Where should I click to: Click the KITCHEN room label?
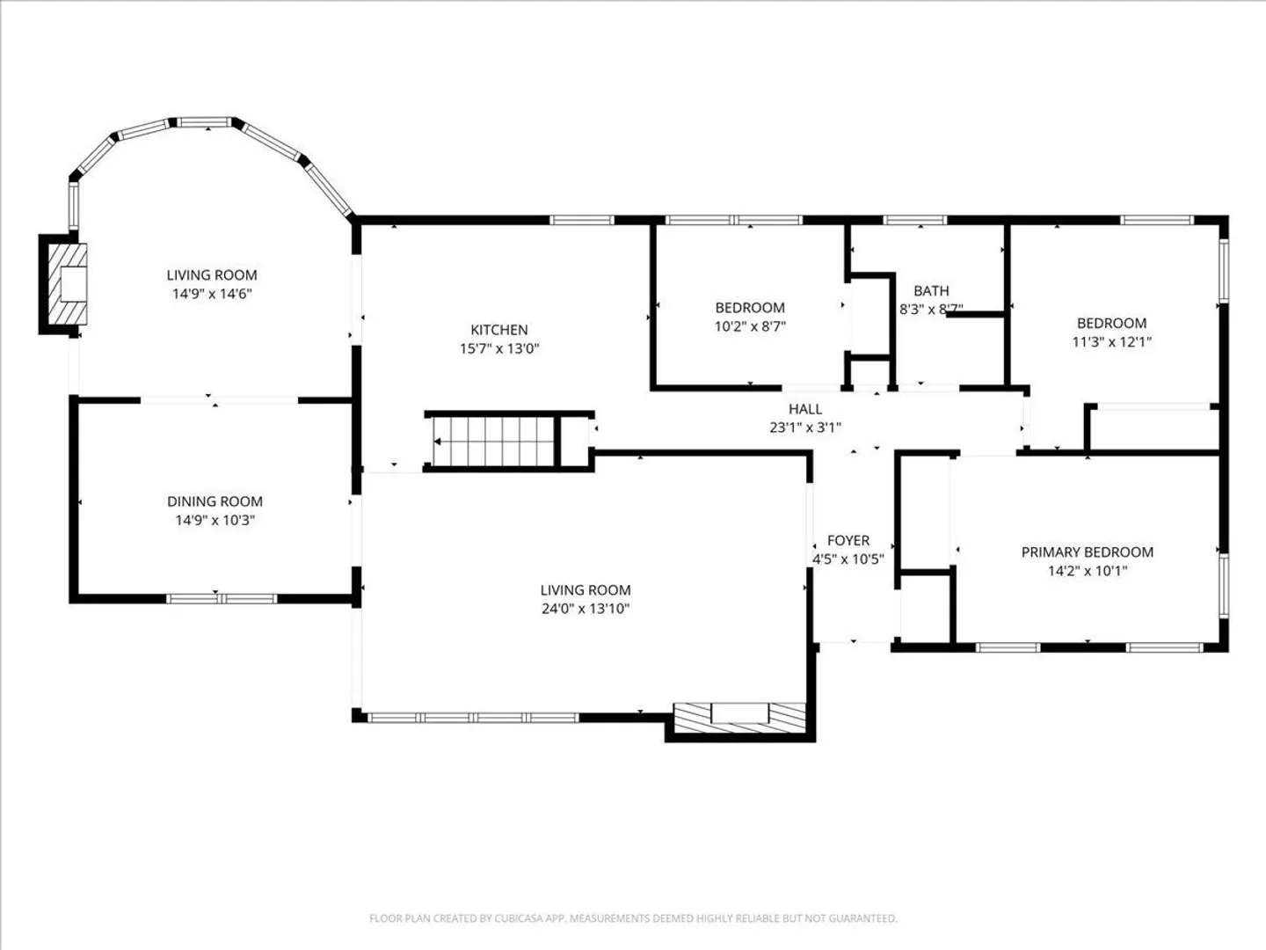[x=498, y=329]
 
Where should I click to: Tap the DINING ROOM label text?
[x=215, y=501]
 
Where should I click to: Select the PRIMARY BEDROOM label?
[x=1088, y=552]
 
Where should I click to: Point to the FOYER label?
[x=848, y=540]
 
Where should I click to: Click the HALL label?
[x=805, y=409]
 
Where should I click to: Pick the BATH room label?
[x=931, y=290]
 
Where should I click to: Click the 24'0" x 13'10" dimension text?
[x=585, y=609]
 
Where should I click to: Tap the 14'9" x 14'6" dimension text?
[x=212, y=294]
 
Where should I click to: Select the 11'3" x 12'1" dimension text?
[x=1111, y=341]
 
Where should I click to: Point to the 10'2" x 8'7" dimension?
[x=750, y=326]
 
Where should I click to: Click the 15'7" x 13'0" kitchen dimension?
[x=498, y=348]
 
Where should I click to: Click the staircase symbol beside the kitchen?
[x=492, y=442]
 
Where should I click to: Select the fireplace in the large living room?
[x=740, y=717]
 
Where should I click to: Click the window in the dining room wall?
[x=222, y=599]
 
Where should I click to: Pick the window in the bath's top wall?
[x=914, y=220]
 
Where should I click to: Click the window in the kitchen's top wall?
[x=581, y=220]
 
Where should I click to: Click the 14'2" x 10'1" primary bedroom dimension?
[x=1088, y=571]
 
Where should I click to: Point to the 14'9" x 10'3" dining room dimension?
[x=215, y=520]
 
